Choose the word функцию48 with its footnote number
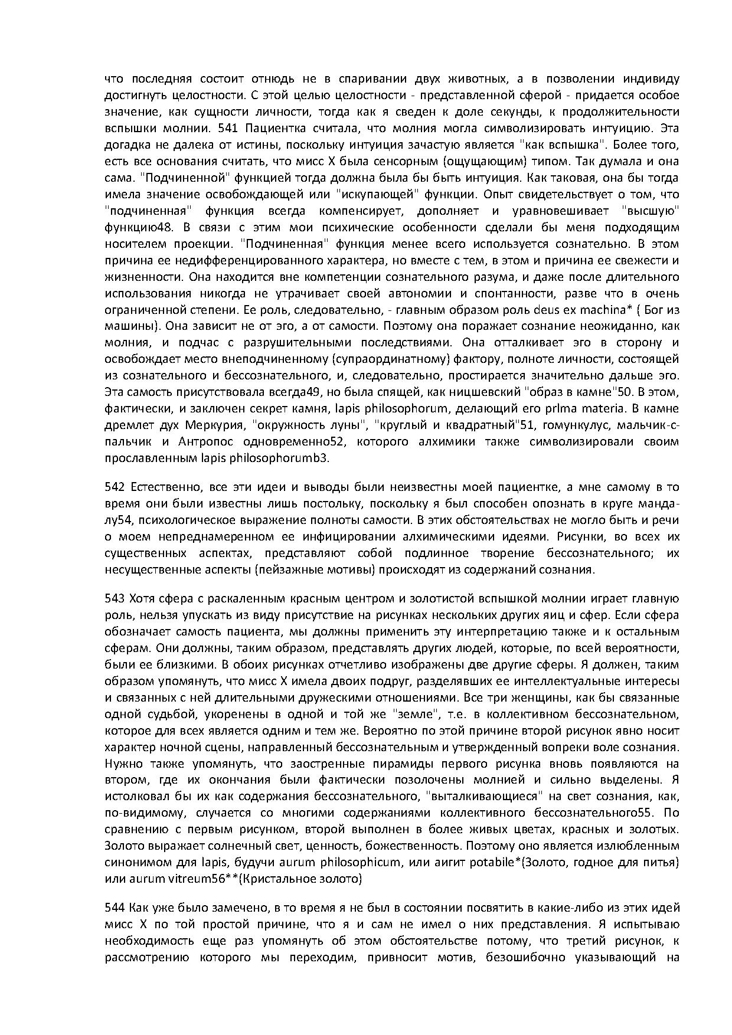coord(139,228)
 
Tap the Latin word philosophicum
coord(357,863)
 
